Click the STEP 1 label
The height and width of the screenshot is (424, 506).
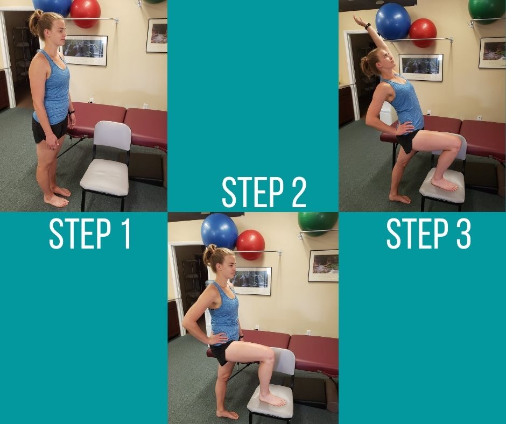pos(90,234)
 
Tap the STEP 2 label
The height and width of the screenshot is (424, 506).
pos(264,192)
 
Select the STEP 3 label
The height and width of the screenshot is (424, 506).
pos(428,234)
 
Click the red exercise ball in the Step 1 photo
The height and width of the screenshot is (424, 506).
pos(85,13)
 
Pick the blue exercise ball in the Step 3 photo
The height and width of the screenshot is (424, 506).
pos(393,22)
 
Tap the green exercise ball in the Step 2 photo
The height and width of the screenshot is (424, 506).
pos(318,224)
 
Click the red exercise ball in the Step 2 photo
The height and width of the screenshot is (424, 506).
pos(250,245)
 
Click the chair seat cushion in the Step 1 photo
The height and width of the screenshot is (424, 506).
pos(104,176)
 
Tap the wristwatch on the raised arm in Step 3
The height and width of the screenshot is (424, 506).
pos(368,25)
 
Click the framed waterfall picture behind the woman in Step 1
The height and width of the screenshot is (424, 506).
pos(85,51)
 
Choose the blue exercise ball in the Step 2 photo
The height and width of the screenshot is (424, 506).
pos(220,231)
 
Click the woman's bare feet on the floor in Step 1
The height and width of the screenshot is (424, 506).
pos(58,197)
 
